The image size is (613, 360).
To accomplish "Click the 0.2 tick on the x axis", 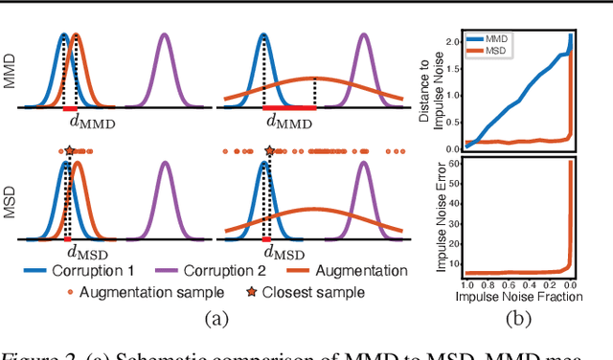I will click(554, 286).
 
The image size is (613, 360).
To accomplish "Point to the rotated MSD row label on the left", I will click(11, 203).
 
